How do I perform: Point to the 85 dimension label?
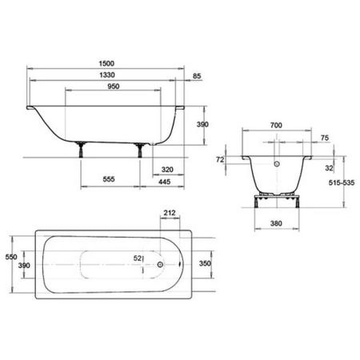point(197,77)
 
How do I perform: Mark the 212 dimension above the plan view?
point(170,213)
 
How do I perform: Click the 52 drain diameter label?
point(139,258)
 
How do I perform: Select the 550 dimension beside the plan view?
point(10,256)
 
